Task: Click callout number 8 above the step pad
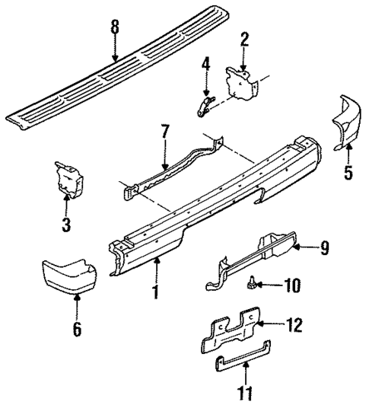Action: tap(115, 28)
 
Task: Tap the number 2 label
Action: tap(245, 40)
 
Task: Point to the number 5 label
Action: tap(348, 173)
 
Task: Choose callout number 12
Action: tap(294, 326)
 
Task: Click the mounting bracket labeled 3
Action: tap(68, 180)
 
